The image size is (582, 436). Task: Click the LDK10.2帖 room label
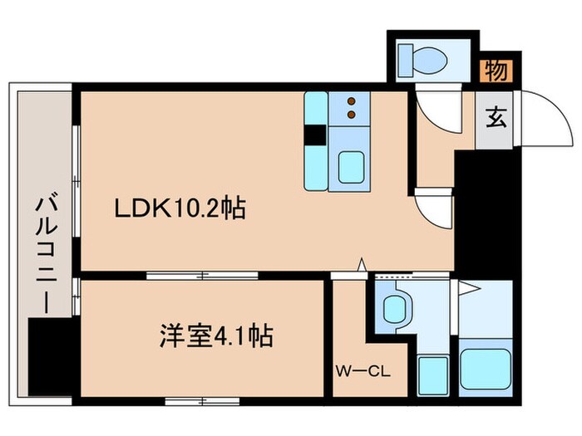[179, 208]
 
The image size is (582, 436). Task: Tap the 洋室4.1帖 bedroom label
[217, 337]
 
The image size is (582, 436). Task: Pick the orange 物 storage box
[496, 72]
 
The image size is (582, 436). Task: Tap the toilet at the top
[423, 58]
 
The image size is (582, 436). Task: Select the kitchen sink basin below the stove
[352, 166]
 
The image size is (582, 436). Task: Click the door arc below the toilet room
[432, 108]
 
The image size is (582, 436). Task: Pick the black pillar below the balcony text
[52, 348]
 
